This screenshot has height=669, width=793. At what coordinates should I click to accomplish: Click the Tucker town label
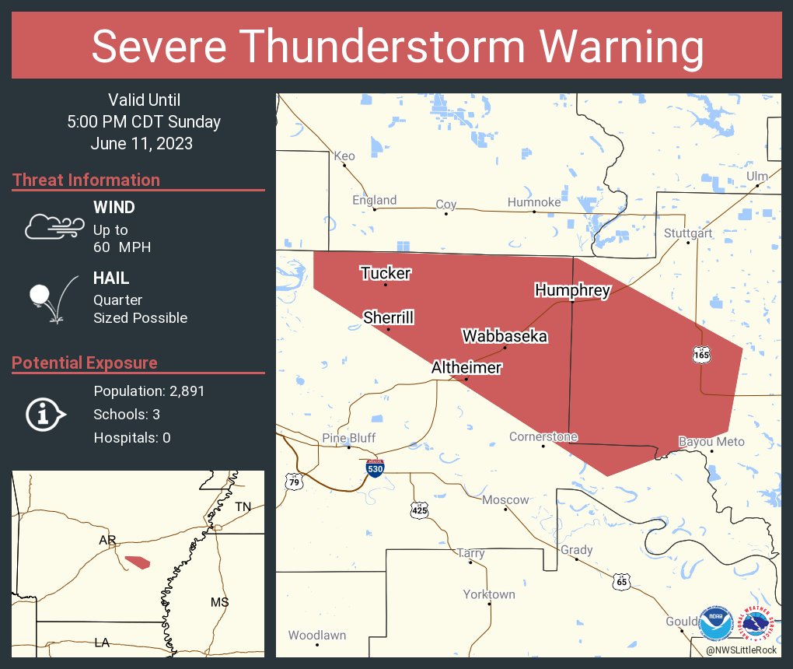(385, 273)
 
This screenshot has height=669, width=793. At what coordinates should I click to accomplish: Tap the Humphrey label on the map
(572, 291)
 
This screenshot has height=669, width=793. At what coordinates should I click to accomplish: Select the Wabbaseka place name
(505, 336)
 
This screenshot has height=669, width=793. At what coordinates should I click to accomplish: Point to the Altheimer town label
(466, 368)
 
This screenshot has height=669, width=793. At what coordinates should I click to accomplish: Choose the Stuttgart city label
(688, 233)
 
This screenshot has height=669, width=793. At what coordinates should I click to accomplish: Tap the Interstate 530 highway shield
(376, 468)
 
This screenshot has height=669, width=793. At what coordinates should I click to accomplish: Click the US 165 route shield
(701, 355)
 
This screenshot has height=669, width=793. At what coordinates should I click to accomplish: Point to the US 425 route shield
(419, 510)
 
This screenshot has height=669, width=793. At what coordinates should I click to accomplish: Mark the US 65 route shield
(620, 581)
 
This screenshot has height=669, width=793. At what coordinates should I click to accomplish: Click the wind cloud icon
(54, 226)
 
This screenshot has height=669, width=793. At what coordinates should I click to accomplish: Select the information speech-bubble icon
(46, 414)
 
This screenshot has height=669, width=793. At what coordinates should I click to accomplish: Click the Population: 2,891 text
(148, 391)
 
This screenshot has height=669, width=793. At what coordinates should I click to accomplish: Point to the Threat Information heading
(86, 180)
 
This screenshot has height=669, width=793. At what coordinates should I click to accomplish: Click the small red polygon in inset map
(137, 561)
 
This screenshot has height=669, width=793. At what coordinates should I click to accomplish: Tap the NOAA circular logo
(715, 623)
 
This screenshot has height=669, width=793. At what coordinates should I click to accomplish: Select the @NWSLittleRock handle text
(741, 650)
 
